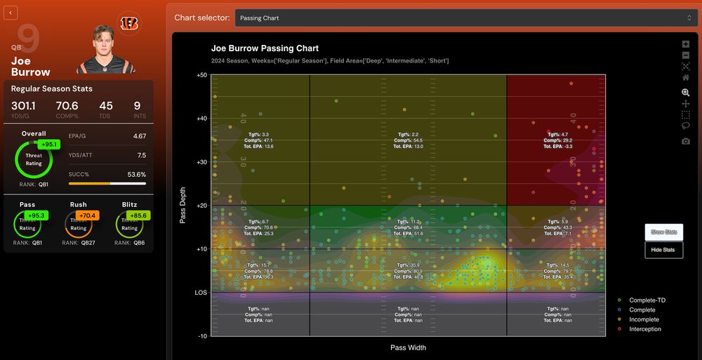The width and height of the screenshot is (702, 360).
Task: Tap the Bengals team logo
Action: tap(128, 23)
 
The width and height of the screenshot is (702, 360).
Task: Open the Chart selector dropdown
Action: tap(465, 18)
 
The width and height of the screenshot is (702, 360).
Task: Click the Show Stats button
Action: tap(663, 232)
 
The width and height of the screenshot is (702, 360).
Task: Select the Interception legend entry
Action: tap(644, 329)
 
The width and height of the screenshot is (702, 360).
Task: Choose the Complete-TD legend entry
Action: tap(647, 300)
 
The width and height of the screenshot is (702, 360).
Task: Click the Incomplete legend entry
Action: tap(644, 319)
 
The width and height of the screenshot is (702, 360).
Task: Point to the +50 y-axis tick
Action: tap(201, 75)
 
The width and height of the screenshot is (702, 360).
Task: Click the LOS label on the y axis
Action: tap(201, 293)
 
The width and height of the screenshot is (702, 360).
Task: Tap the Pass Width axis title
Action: tap(408, 347)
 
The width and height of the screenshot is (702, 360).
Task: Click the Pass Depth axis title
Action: tap(183, 205)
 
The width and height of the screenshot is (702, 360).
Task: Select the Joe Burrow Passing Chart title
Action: tap(265, 48)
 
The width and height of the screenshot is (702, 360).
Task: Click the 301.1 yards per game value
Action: tap(25, 106)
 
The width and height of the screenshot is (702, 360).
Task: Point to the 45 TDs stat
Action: tap(106, 106)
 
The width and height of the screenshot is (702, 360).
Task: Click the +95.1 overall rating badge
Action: tap(48, 145)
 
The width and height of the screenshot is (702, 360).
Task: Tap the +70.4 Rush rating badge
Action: tap(88, 215)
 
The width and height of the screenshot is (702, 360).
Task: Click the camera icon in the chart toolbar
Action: tap(685, 141)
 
